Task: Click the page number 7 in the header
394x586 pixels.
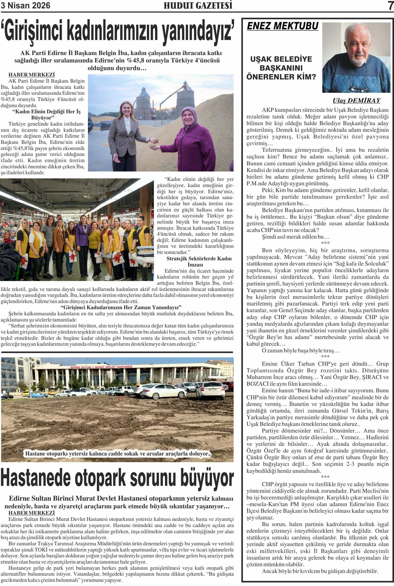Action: pos(390,6)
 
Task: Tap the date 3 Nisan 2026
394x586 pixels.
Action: pos(25,5)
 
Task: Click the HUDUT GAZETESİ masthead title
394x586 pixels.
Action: pos(198,6)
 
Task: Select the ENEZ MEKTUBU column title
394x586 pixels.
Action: pos(283,26)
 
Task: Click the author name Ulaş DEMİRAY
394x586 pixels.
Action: pos(356,101)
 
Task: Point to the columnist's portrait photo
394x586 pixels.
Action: pos(356,58)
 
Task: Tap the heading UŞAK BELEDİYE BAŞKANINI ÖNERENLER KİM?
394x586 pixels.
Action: pos(281,68)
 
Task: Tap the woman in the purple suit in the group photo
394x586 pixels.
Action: pos(83,242)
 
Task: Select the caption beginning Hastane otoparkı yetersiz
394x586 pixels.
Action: pos(117,454)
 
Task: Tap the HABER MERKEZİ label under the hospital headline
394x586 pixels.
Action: pos(32,513)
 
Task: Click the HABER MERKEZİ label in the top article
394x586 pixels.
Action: pos(32,75)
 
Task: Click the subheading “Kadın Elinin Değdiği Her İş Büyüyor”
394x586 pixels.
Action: pos(47,114)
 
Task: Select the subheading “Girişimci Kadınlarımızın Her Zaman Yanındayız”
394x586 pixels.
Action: pos(121,307)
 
